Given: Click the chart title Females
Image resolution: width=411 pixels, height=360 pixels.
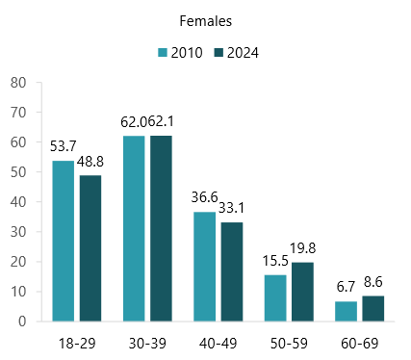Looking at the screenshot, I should point(205,19).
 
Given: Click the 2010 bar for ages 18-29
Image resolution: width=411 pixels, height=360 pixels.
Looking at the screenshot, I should point(64,241).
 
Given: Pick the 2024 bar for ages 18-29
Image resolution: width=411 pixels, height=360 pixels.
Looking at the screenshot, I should point(90,248).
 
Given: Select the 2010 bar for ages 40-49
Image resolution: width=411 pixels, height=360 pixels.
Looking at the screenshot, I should point(205,267).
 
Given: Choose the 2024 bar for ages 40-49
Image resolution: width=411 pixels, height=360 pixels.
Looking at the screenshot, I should point(232,271).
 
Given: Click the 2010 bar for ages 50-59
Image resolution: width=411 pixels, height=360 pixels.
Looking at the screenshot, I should point(276,298).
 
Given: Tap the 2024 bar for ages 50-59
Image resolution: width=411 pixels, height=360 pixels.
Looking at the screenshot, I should point(303,292).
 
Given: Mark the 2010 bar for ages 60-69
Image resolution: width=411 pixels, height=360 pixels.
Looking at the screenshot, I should point(347,311).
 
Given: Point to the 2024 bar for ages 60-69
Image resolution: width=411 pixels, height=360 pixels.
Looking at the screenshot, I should point(373,309).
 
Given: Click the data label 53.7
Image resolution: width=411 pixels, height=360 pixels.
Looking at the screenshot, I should point(64,146).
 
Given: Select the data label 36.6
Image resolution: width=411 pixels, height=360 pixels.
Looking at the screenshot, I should point(205,198).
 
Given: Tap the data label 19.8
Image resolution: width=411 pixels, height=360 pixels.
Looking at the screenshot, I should point(304,248).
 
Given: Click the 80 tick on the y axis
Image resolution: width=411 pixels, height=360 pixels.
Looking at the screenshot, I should point(17,83).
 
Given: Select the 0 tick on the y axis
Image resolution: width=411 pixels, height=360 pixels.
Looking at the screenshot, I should point(21,321).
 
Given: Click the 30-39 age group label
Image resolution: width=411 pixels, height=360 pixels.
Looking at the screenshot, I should point(147,342).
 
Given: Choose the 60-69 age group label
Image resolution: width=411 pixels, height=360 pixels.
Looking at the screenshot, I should point(360,342).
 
